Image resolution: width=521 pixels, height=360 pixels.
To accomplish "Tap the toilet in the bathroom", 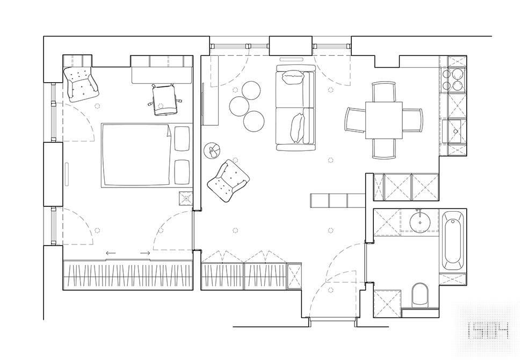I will tap(419, 296).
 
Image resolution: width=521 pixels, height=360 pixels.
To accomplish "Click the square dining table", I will tap(383, 120).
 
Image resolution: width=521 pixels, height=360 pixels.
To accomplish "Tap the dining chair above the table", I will tap(383, 91).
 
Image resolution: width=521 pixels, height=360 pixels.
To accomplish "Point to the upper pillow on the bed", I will tap(182, 139).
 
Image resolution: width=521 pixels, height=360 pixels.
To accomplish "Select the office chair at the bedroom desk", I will tap(164, 99).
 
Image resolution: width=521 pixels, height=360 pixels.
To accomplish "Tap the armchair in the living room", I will tap(229, 180).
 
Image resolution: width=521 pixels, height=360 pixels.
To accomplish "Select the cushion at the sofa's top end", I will tap(293, 78).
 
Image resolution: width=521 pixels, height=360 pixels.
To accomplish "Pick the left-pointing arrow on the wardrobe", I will tap(111, 253).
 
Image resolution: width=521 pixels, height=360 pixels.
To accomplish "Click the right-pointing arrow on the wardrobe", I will tap(145, 253).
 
